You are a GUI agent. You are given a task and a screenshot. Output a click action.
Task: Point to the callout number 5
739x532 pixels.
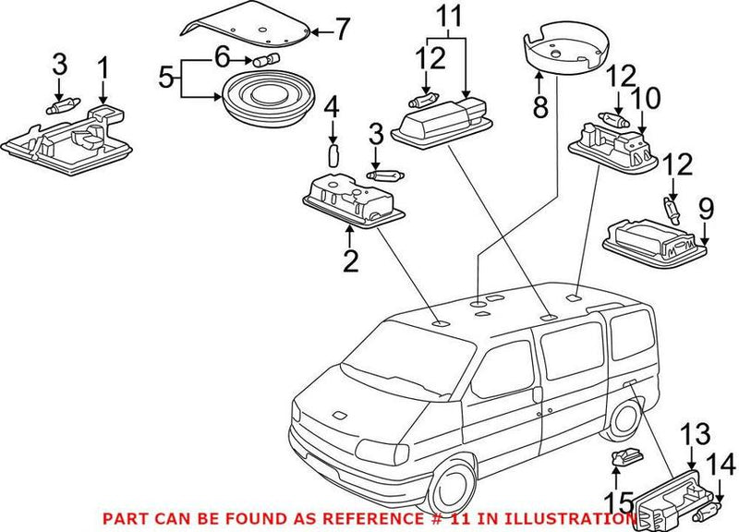[166, 78]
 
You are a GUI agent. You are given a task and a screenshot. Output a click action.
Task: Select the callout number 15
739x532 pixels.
[618, 502]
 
